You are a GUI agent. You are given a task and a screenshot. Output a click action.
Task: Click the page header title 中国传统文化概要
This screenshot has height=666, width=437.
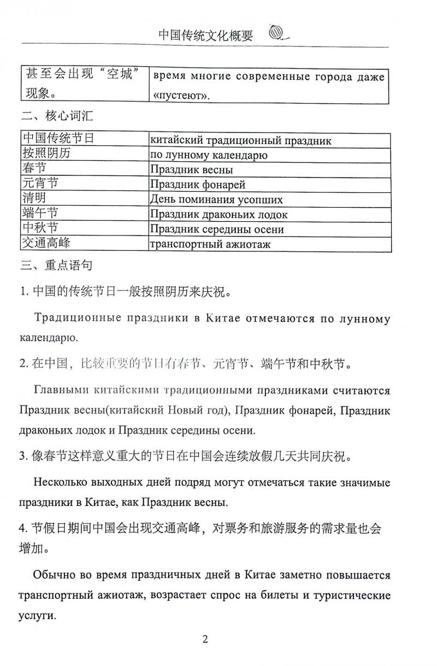pyautogui.click(x=205, y=36)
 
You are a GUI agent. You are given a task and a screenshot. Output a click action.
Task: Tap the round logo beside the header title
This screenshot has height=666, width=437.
pyautogui.click(x=277, y=34)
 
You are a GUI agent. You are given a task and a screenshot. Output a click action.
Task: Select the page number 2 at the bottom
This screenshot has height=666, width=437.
pyautogui.click(x=205, y=639)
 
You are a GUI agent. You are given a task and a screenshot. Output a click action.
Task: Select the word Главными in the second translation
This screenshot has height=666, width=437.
pyautogui.click(x=60, y=391)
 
